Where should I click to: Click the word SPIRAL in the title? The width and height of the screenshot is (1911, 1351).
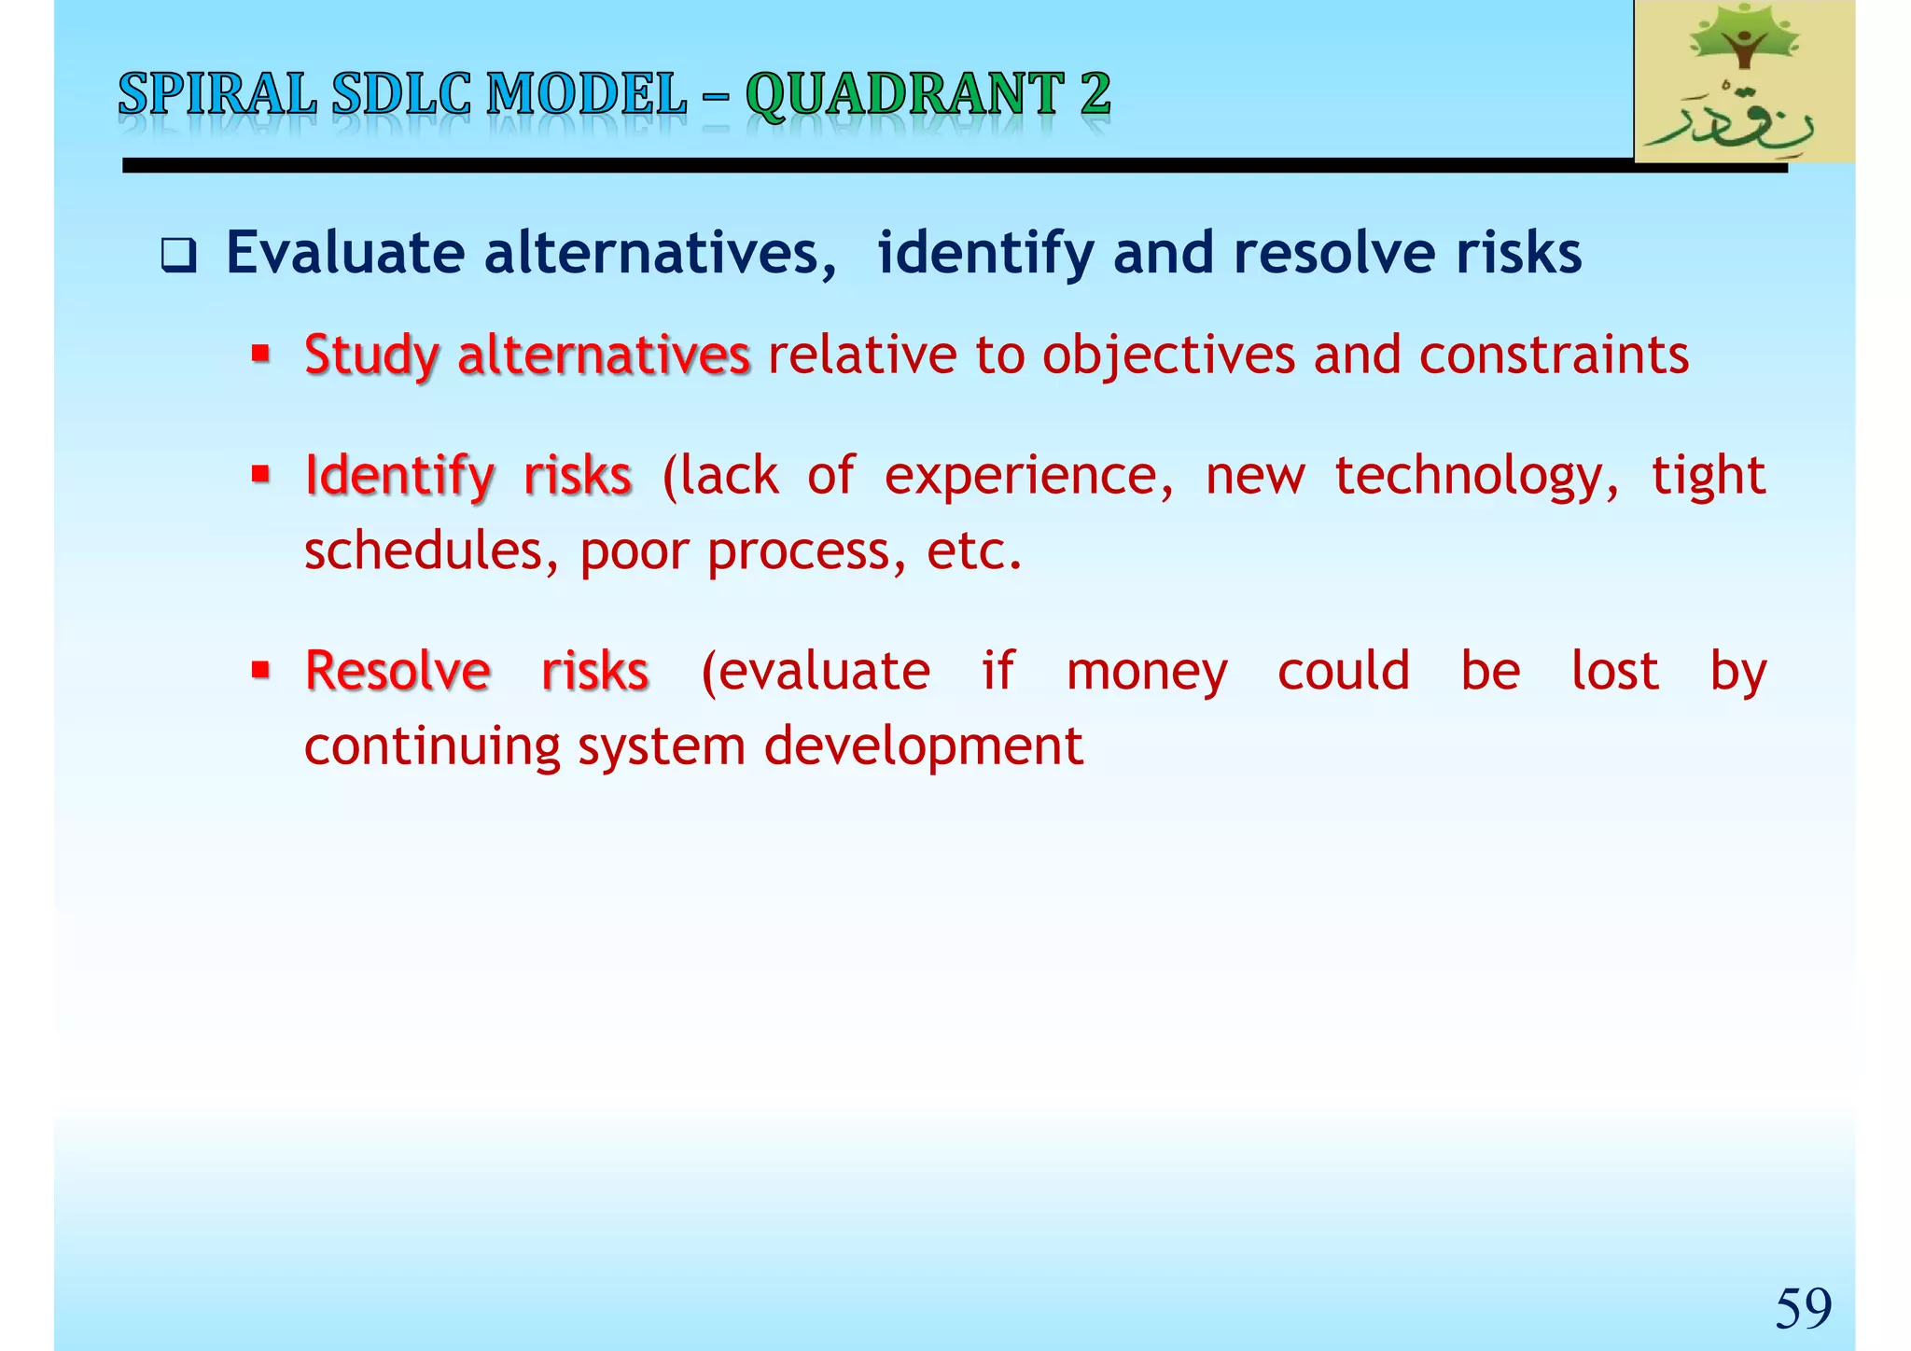(x=216, y=95)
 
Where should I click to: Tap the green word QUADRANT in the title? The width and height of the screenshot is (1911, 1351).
(x=904, y=95)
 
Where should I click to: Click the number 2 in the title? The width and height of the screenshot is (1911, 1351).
(x=1095, y=95)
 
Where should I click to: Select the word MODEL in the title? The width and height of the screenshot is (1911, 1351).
(x=587, y=95)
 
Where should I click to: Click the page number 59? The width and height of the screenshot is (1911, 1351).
(x=1803, y=1308)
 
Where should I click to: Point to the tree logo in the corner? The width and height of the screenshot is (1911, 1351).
(x=1744, y=81)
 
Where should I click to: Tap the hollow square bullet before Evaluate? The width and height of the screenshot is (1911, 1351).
(x=178, y=256)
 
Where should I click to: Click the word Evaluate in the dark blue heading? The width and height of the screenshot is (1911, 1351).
(x=345, y=253)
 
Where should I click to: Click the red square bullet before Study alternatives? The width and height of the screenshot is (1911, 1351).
(x=260, y=355)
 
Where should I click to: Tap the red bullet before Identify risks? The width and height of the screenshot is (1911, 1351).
(x=260, y=475)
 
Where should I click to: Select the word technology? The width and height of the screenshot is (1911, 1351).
(x=1476, y=477)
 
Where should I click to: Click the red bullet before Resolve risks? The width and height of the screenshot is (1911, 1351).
(x=260, y=670)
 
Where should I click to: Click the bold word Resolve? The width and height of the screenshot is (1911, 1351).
(x=398, y=671)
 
